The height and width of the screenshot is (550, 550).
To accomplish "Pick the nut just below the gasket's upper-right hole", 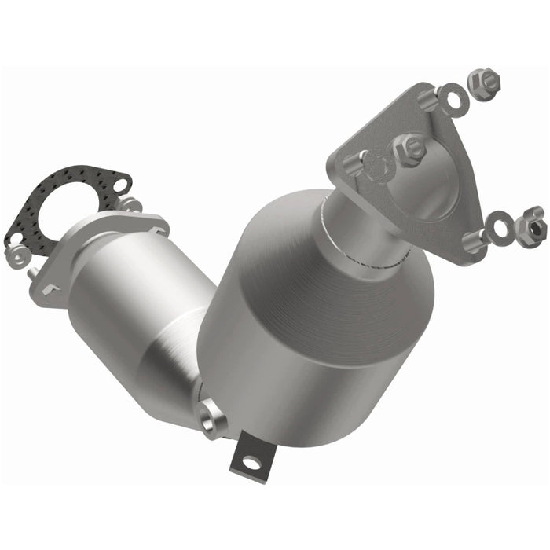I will pos(129,205).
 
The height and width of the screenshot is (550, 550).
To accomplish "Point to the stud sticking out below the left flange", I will pos(34,273).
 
